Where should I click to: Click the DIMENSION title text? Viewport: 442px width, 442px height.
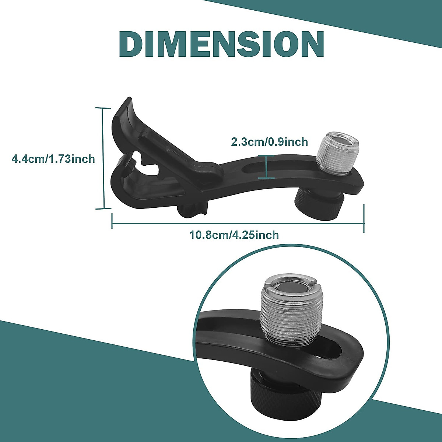coord(221,44)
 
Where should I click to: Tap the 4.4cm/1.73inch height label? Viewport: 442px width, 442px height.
coord(53,159)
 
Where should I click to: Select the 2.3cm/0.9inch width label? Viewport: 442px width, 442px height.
coord(269,142)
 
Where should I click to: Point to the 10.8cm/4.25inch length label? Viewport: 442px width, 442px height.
coord(234,235)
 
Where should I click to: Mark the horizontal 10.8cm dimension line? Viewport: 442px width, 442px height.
coord(238,223)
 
